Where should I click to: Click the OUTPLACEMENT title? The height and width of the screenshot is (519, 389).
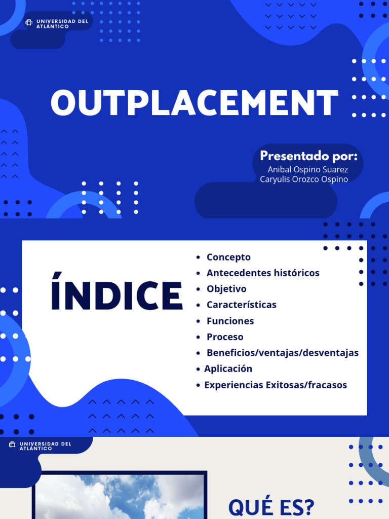[194, 103]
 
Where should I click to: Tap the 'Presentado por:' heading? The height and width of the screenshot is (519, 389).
[308, 156]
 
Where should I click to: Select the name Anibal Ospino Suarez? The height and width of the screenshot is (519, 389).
[307, 169]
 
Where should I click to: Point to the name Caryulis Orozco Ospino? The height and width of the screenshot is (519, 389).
[304, 179]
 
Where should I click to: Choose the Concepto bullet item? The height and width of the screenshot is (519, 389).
[228, 257]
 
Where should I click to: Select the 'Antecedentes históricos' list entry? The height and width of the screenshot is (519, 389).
[263, 273]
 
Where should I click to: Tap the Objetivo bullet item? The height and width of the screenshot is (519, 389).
[226, 289]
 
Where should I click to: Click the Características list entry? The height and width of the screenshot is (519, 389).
[241, 305]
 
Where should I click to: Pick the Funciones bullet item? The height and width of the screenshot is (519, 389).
[230, 321]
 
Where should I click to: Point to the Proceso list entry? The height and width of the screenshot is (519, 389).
[225, 337]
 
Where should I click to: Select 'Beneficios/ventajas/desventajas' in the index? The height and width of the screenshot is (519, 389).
[282, 353]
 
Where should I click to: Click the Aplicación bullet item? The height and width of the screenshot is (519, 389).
[228, 368]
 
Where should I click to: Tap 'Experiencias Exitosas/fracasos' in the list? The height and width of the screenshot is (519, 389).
[276, 385]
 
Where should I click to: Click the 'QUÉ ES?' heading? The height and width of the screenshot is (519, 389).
[271, 507]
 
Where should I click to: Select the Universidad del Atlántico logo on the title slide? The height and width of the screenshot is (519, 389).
[57, 23]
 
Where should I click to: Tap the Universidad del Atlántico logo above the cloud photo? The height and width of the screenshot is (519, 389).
[41, 446]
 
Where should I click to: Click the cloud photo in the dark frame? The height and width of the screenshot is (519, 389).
[120, 497]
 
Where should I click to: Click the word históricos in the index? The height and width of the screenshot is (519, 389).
[297, 273]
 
